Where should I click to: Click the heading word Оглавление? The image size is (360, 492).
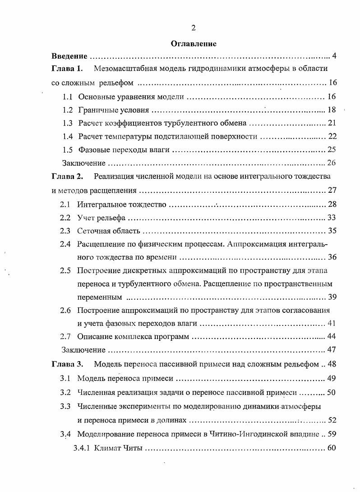pos(194,44)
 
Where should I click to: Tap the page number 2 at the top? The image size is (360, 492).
pos(193,28)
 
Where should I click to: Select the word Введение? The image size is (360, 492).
pos(69,56)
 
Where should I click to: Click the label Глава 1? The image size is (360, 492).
pos(67,69)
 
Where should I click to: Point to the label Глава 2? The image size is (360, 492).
pos(67,176)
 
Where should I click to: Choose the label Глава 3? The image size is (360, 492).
pos(67,364)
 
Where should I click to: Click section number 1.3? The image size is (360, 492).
pos(68,123)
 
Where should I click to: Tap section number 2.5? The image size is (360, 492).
pos(65,271)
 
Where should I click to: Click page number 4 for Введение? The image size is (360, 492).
pos(334,56)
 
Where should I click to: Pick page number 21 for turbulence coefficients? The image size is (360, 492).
pos(332,123)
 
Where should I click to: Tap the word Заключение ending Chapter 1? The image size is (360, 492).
pos(83,163)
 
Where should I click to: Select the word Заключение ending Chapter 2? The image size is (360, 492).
pos(83,350)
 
